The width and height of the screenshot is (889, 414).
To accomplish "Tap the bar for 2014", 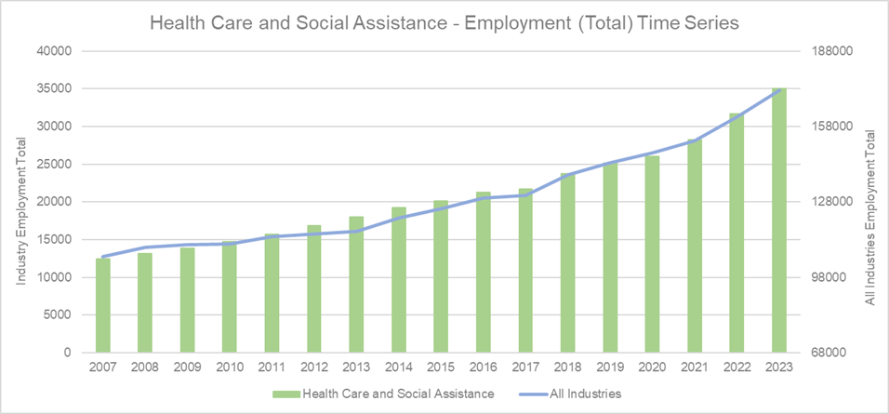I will pyautogui.click(x=399, y=279).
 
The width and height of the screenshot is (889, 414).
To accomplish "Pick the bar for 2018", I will pyautogui.click(x=568, y=262).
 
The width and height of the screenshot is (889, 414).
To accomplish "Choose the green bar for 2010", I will pyautogui.click(x=230, y=297).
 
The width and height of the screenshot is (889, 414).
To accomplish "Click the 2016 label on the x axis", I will pyautogui.click(x=484, y=367).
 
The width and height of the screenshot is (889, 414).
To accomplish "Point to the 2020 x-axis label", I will pyautogui.click(x=653, y=367).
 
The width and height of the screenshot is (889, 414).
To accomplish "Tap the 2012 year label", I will pyautogui.click(x=314, y=367).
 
